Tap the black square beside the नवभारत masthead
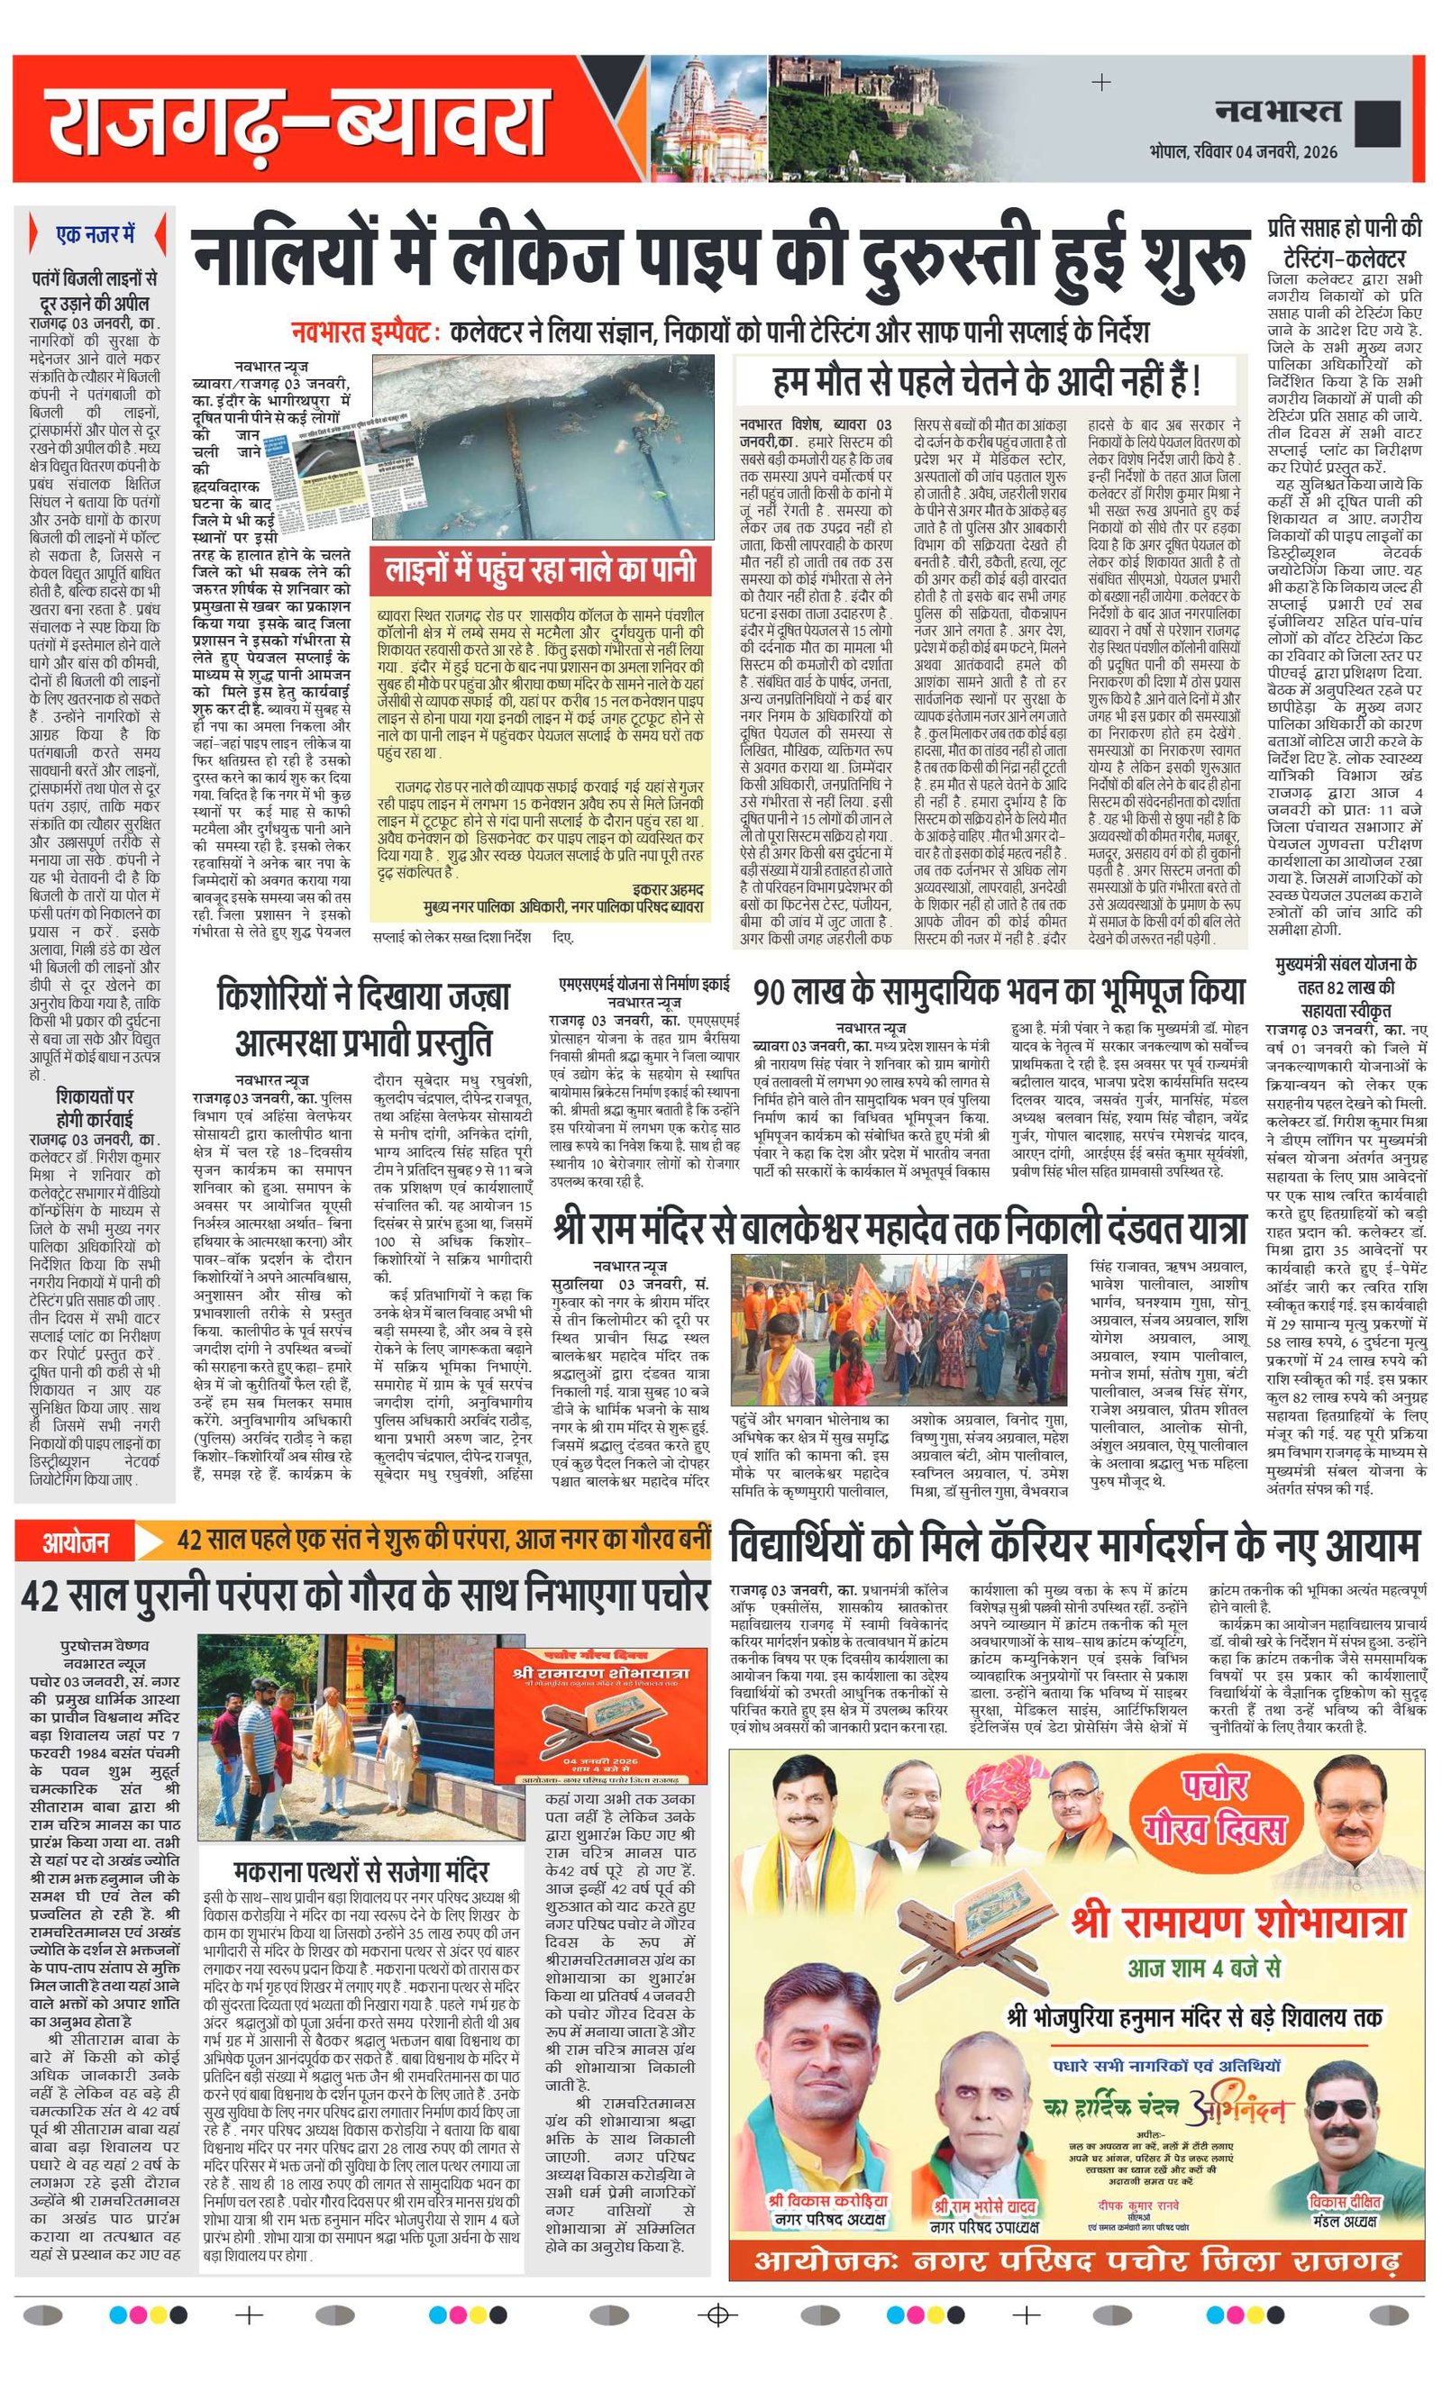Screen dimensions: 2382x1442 coord(1378,123)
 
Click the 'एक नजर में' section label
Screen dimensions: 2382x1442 coord(94,234)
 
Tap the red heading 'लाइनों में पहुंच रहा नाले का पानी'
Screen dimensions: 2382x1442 coord(539,568)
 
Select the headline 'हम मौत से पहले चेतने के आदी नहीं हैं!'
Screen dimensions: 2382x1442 coord(987,381)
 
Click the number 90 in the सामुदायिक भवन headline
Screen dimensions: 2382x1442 coord(780,993)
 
